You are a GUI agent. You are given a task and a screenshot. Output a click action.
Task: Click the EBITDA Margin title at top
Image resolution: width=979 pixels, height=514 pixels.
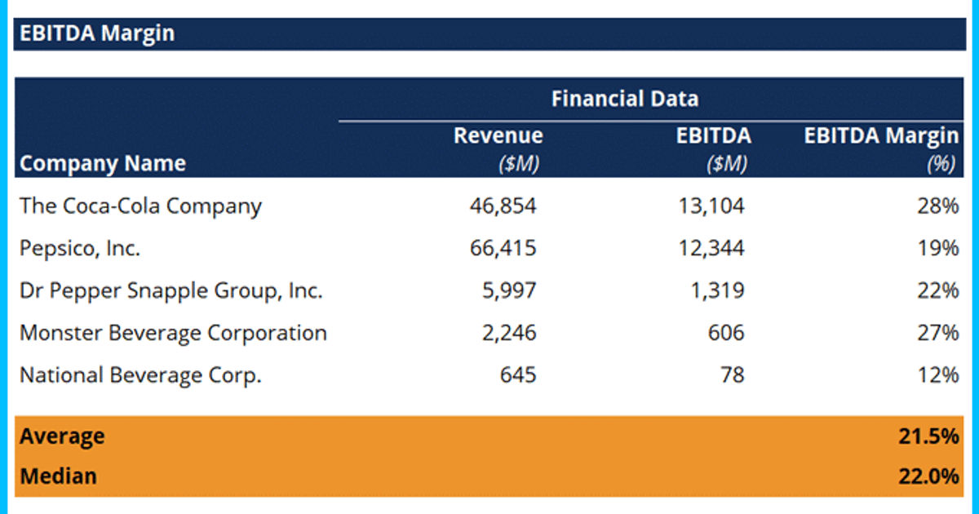tap(97, 33)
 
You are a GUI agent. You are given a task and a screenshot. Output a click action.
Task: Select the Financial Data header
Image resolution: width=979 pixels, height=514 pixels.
tap(624, 100)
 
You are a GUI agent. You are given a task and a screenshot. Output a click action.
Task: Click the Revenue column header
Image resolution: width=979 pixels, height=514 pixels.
tap(498, 135)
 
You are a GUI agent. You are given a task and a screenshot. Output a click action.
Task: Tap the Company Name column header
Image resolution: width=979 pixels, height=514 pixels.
tap(103, 163)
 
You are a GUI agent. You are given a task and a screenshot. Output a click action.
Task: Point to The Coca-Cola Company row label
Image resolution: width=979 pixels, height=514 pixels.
tap(140, 206)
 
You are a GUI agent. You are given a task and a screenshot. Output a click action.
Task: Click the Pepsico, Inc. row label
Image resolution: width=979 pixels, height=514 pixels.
tap(80, 248)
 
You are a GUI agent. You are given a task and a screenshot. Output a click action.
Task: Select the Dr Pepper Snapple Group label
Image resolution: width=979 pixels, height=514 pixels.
tap(171, 290)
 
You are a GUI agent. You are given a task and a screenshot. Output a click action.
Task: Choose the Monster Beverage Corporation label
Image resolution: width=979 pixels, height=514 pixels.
tap(173, 333)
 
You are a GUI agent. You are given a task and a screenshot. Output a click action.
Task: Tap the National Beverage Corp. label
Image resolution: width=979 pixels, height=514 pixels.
tap(140, 375)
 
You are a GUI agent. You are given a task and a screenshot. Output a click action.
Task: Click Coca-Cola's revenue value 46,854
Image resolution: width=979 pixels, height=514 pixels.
tap(503, 206)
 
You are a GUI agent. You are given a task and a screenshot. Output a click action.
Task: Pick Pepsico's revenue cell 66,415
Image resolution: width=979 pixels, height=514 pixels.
tap(503, 248)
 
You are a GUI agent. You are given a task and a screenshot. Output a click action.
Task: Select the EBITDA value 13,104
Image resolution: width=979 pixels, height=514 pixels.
tap(711, 206)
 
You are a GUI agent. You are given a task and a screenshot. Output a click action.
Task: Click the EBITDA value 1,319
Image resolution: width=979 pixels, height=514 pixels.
tap(717, 290)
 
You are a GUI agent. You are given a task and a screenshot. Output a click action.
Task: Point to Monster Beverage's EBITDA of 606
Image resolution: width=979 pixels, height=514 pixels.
tap(725, 333)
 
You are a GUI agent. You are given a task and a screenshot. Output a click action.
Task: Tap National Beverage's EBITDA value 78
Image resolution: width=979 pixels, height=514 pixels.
tap(732, 375)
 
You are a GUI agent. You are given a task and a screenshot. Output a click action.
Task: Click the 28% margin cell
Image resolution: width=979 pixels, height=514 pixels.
tap(937, 206)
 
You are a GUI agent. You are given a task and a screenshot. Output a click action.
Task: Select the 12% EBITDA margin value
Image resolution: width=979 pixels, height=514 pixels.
tap(937, 375)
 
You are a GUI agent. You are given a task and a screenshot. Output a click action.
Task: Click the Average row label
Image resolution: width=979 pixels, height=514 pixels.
tap(62, 436)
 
